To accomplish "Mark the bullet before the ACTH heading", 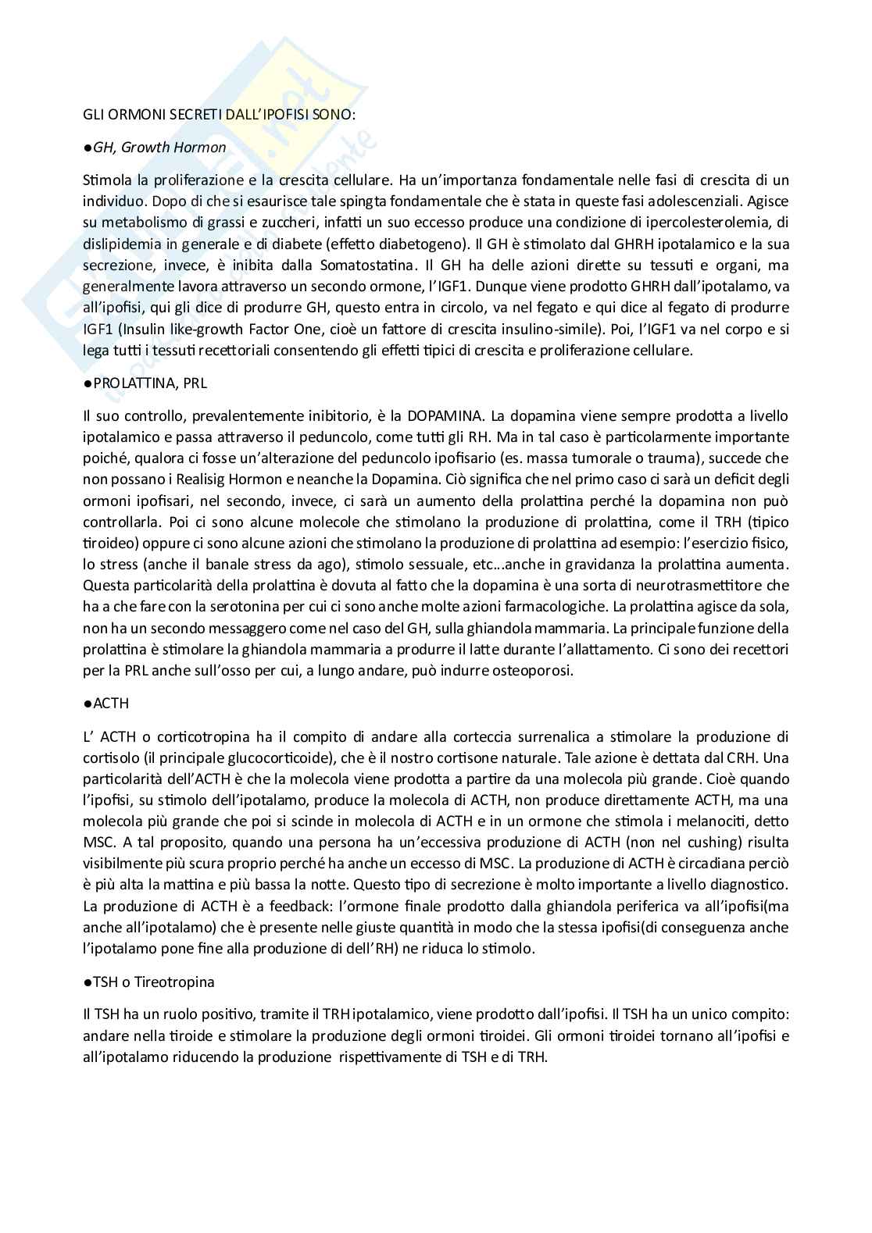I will (x=88, y=704).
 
